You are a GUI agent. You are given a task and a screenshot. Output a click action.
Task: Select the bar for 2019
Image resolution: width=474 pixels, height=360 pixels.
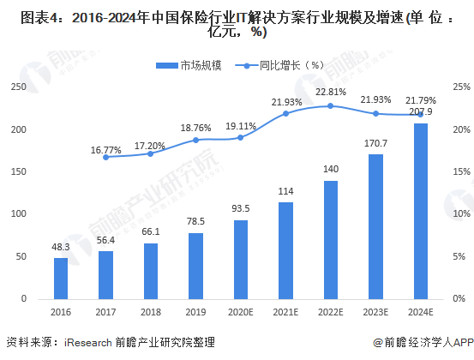pos(195,266)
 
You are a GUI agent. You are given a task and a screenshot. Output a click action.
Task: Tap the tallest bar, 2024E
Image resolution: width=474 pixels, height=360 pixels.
pos(420,211)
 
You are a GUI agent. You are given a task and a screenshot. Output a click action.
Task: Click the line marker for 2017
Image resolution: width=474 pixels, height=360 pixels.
pos(105,157)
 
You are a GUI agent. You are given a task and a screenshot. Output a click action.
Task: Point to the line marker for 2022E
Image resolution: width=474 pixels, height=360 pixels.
pos(330,105)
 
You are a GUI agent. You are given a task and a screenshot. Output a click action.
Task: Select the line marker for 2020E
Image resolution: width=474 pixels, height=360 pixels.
pos(240,137)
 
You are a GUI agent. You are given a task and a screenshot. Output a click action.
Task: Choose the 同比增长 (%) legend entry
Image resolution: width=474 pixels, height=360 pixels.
pos(279,64)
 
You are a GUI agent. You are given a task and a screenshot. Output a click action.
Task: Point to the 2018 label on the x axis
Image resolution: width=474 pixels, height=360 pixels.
pos(150,313)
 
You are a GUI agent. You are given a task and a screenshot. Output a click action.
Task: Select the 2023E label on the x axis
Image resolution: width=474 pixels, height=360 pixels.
pos(375,313)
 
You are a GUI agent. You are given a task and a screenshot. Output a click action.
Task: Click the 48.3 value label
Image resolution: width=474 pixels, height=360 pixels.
pos(61,247)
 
